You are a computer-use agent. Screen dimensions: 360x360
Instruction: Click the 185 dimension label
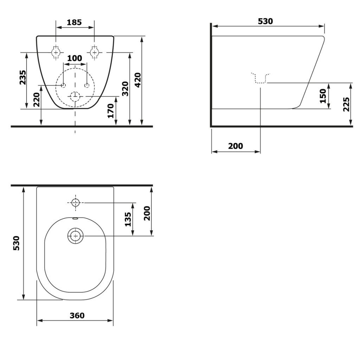click(74, 22)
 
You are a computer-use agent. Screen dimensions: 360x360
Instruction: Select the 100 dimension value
click(75, 58)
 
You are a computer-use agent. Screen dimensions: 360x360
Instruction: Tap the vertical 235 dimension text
click(23, 77)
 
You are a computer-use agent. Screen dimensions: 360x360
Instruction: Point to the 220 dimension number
click(37, 99)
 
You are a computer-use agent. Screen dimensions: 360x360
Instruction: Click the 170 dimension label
click(111, 111)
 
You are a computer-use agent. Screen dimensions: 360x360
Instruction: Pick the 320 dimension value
click(125, 89)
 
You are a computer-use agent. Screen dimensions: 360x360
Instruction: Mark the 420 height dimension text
click(138, 80)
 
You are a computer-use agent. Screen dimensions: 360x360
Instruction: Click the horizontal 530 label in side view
click(265, 21)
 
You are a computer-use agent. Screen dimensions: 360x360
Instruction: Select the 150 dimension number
click(323, 96)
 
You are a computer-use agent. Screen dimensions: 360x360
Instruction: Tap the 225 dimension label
click(346, 104)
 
